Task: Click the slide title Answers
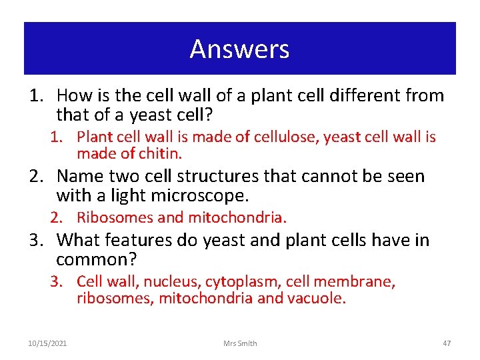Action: tap(239, 49)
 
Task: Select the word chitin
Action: tap(161, 153)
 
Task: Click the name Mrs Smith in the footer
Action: tap(240, 343)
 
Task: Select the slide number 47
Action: tap(447, 343)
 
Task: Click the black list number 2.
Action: tap(35, 177)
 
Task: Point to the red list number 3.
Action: tap(59, 282)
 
